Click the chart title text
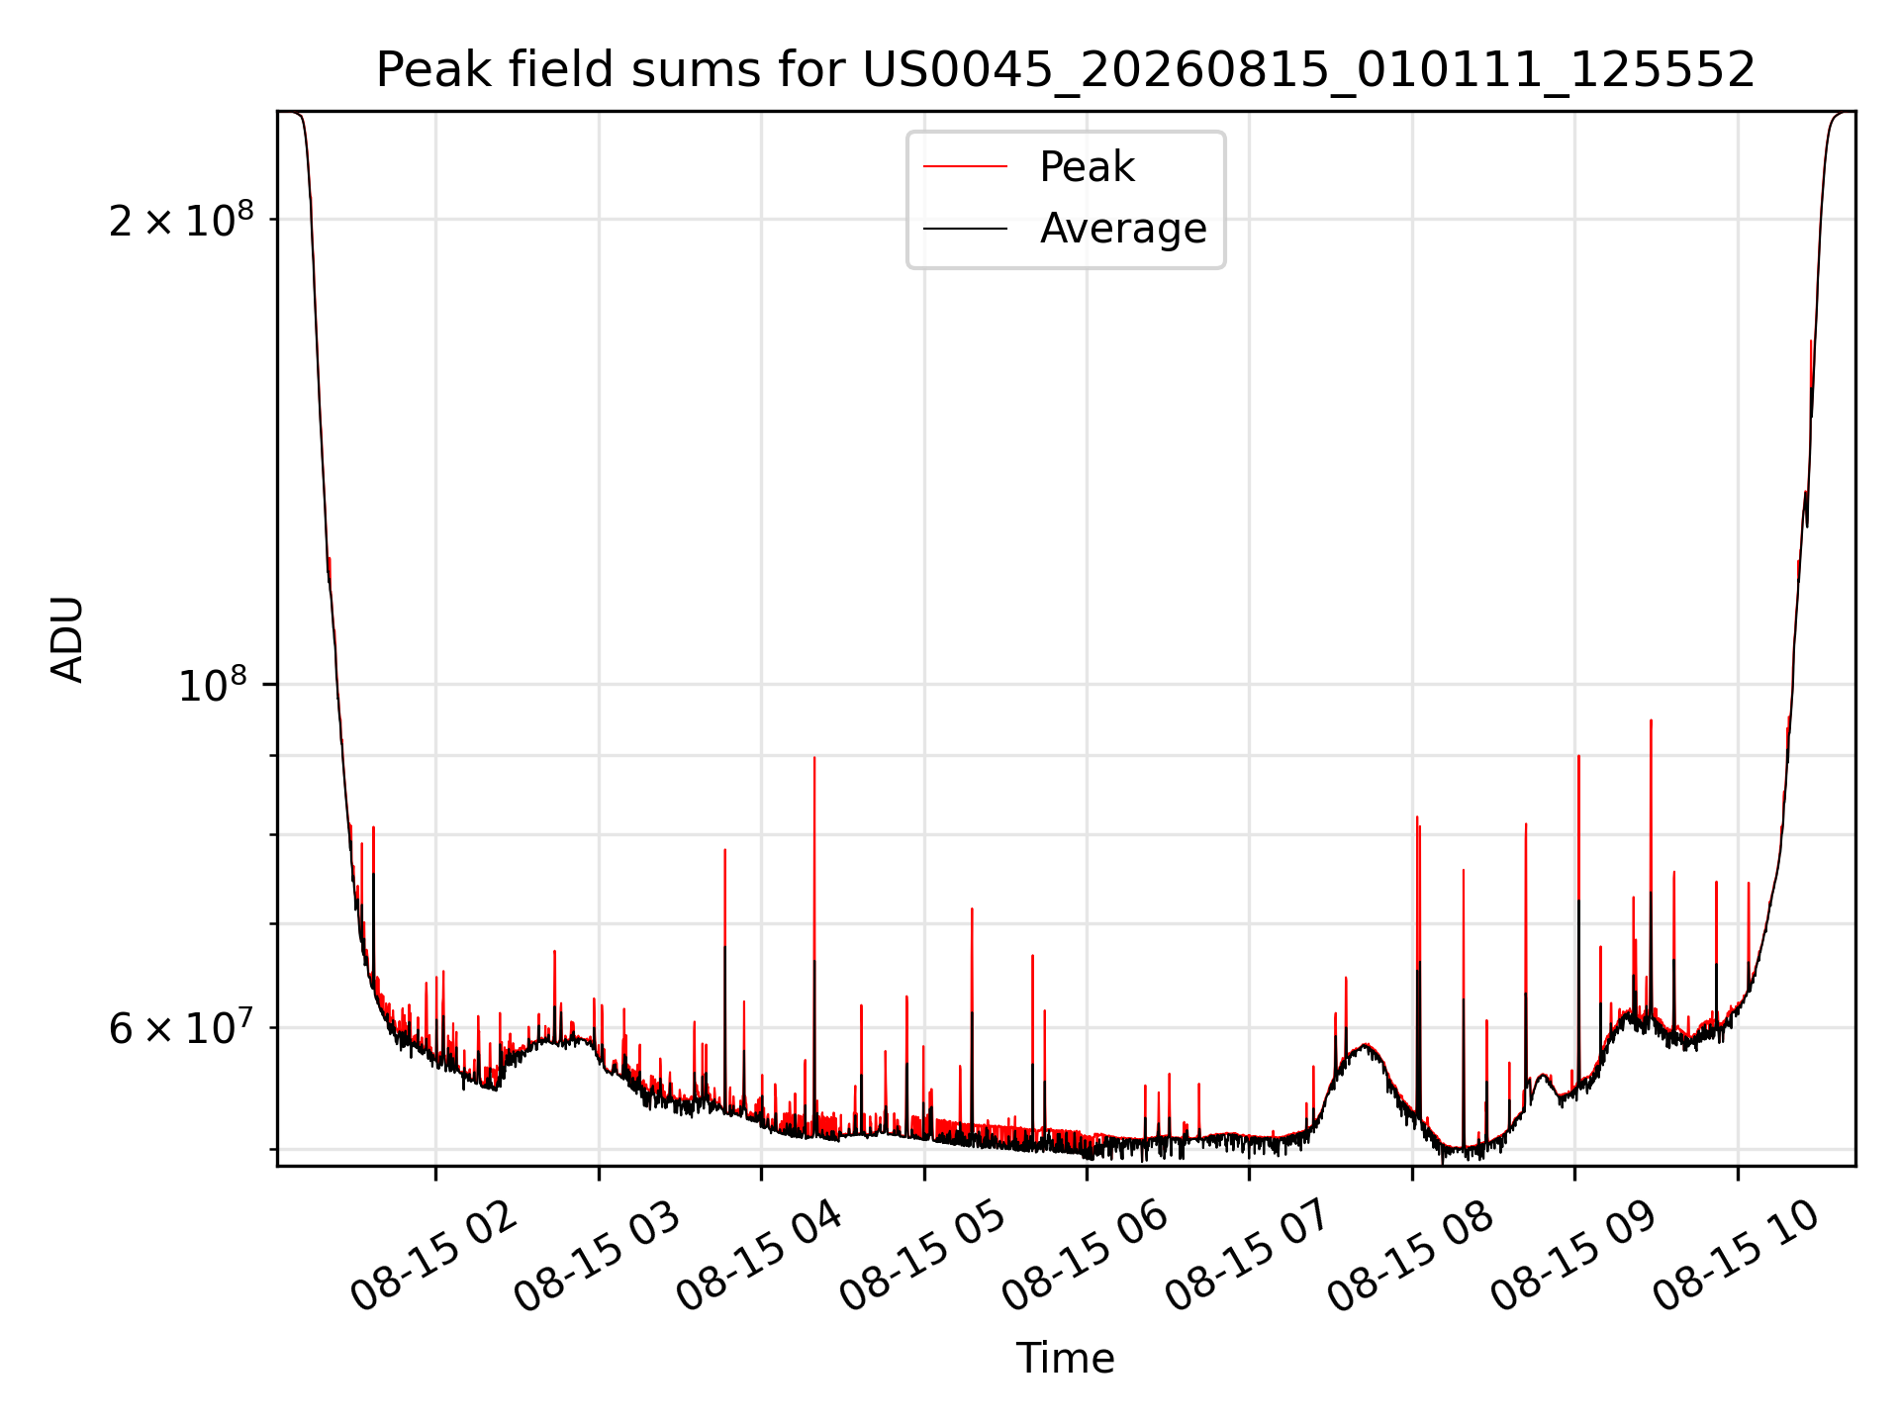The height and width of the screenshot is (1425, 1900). [x=1066, y=70]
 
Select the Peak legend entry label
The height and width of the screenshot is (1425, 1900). [x=1087, y=167]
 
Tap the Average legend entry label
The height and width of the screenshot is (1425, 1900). [x=1123, y=229]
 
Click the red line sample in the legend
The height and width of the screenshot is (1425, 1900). [x=966, y=167]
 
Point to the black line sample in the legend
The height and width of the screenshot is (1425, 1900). [x=966, y=229]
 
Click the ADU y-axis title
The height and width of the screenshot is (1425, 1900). [x=67, y=639]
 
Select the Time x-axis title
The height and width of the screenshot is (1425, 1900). [x=1066, y=1359]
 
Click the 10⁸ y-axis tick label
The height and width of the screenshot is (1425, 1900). [x=212, y=684]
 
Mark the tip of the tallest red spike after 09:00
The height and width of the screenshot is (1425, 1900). [x=1651, y=720]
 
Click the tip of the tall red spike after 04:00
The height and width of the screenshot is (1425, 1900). [x=814, y=758]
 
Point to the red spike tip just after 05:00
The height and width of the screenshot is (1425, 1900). [x=972, y=908]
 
